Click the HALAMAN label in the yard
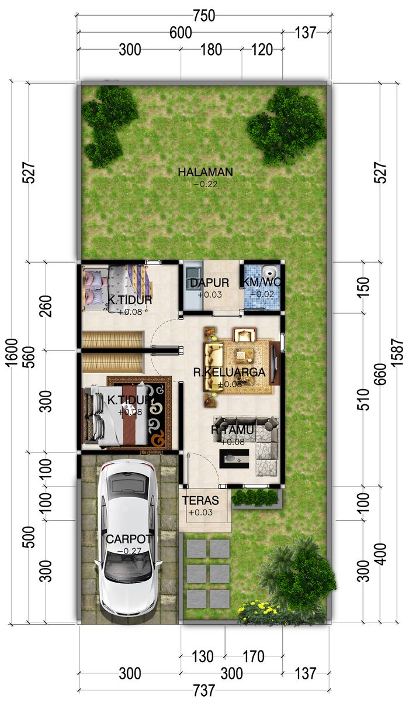(206, 172)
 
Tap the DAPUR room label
(210, 283)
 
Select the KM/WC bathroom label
(261, 282)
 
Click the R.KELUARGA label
(229, 372)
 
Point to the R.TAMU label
(233, 429)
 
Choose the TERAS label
(200, 500)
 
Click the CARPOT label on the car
(129, 539)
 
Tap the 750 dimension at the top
(204, 16)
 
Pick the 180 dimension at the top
(211, 50)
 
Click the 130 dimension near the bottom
(203, 656)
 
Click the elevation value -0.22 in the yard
(206, 184)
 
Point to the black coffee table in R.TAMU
(234, 459)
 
